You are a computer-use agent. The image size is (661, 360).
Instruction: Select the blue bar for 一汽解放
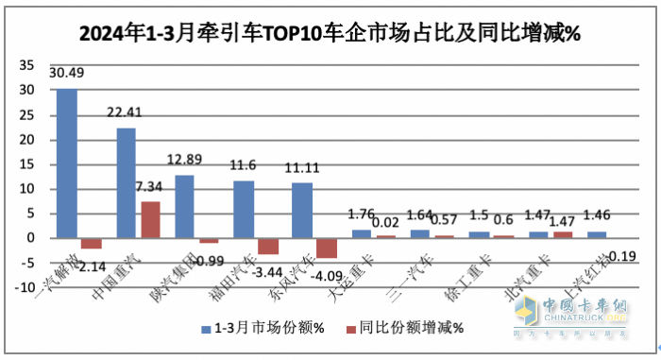point(67,163)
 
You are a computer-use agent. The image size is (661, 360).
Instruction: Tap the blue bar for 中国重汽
point(126,182)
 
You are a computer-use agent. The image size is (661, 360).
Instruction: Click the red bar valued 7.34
point(151,219)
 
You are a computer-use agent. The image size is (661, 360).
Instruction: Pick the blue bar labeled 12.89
point(185,206)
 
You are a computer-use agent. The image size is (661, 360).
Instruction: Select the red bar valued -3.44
point(268,246)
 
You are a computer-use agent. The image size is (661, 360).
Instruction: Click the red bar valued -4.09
point(327,248)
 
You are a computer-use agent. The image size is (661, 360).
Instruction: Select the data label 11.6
point(244,166)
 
